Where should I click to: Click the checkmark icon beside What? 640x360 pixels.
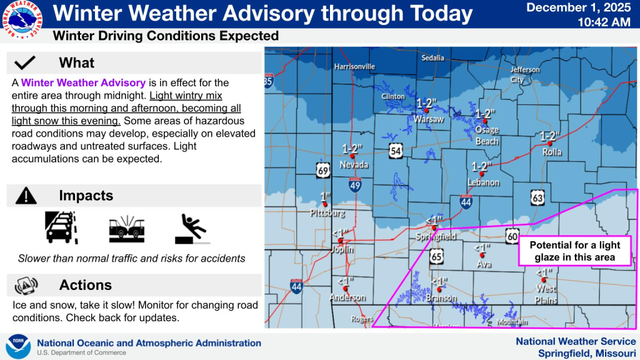pyautogui.click(x=25, y=62)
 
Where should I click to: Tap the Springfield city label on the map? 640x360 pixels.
pyautogui.click(x=436, y=237)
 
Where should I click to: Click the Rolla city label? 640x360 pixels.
pyautogui.click(x=552, y=152)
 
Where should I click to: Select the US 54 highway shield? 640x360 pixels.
pyautogui.click(x=396, y=151)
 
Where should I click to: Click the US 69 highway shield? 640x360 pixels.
pyautogui.click(x=323, y=170)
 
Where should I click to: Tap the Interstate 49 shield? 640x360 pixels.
pyautogui.click(x=354, y=184)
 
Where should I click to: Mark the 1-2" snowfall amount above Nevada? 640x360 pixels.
pyautogui.click(x=352, y=148)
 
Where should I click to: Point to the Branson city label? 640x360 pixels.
pyautogui.click(x=439, y=298)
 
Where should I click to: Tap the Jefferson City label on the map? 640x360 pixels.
pyautogui.click(x=525, y=74)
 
